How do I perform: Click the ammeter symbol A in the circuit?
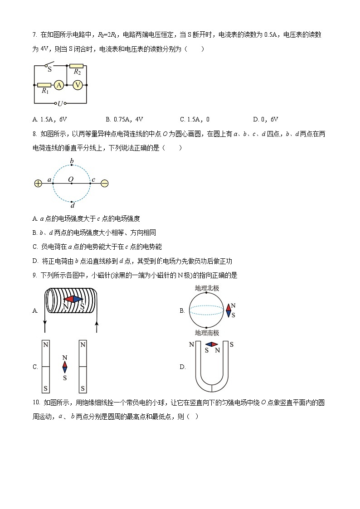click(x=58, y=85)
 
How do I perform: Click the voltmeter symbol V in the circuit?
click(x=78, y=85)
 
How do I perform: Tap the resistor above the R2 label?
click(x=76, y=66)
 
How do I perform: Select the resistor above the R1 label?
click(x=44, y=85)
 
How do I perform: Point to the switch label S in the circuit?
click(x=49, y=70)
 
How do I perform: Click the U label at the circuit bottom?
click(x=60, y=104)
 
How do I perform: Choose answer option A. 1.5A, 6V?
click(x=50, y=120)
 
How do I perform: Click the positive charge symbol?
click(x=38, y=183)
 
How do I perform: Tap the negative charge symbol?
click(x=104, y=183)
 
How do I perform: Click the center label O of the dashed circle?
click(x=71, y=179)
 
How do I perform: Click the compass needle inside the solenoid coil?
click(x=73, y=299)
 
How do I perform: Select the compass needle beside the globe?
click(x=229, y=310)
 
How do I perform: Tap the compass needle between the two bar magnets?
click(x=65, y=367)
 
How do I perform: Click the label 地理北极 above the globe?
click(x=207, y=288)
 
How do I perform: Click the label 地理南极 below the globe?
click(x=207, y=333)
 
